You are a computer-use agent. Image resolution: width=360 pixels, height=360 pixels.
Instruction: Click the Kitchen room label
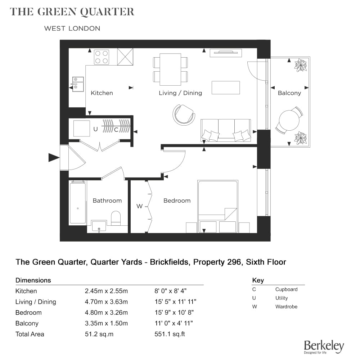point(102,93)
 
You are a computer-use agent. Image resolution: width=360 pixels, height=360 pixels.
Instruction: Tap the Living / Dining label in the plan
point(180,93)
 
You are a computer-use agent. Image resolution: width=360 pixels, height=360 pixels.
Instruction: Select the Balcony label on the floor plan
point(289,93)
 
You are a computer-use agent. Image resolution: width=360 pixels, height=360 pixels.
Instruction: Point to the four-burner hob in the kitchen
point(102,57)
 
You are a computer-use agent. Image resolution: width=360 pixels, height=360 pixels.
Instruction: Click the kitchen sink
point(78,84)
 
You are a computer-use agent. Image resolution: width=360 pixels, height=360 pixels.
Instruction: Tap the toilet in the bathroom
point(116,218)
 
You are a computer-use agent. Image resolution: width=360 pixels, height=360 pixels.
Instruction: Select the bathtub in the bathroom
point(78,202)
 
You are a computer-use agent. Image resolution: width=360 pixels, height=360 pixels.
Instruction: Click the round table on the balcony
point(289,120)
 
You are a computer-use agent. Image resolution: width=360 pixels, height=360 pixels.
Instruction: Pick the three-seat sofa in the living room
point(226,130)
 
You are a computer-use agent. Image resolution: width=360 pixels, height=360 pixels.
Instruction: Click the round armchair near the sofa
point(184,114)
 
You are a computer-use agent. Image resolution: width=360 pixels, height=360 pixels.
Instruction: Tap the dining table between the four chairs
point(170,69)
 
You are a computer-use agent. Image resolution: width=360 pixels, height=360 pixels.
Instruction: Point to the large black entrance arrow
point(54,158)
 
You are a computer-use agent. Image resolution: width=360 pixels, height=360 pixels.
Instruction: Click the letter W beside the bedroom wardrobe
point(139,206)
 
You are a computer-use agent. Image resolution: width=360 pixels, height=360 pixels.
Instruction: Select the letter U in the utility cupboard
point(95,129)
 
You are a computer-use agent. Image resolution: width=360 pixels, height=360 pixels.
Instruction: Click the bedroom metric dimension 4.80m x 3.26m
point(106,312)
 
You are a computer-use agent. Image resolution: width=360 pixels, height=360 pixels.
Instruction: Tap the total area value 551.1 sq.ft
point(170,334)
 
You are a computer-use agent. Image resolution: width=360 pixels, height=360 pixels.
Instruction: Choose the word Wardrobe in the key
point(286,306)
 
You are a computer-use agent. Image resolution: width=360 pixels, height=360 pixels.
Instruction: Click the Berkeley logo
point(324,347)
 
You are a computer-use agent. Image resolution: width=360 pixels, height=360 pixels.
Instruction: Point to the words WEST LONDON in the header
point(72,28)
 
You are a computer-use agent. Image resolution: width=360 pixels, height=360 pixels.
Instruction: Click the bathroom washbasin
point(99,226)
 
